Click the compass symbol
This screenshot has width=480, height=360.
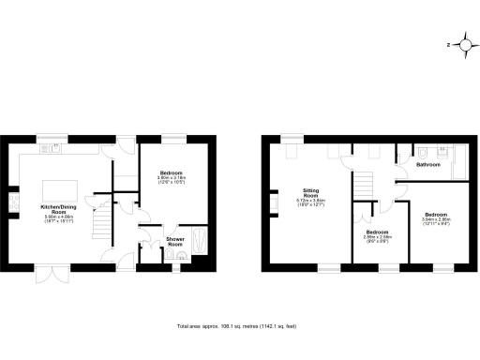(461, 44)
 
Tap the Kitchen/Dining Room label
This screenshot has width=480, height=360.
(58, 209)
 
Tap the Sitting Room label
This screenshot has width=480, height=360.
(310, 194)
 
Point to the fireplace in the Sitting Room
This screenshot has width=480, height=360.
(273, 200)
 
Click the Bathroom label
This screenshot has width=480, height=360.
(428, 165)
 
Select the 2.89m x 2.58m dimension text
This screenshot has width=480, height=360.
(377, 238)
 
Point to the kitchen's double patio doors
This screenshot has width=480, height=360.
(58, 271)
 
